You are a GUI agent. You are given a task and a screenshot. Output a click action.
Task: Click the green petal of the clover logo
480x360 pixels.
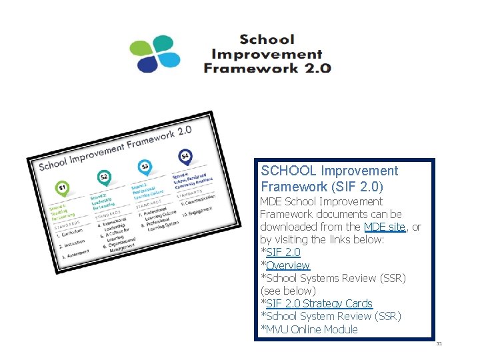coord(141,49)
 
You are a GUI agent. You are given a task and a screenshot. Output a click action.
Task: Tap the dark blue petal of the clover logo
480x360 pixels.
coord(147,64)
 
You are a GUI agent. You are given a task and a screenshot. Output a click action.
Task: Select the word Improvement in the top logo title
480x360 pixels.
coord(266,54)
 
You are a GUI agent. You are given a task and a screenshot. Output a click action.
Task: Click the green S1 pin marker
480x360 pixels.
coord(62,189)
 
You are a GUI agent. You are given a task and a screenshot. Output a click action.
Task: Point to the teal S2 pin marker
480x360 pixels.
coord(103,177)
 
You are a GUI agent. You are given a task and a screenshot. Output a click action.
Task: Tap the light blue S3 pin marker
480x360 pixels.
coord(144,166)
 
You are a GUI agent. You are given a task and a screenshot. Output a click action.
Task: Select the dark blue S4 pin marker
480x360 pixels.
coord(185,157)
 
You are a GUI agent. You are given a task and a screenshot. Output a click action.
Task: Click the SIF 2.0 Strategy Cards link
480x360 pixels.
coord(319,303)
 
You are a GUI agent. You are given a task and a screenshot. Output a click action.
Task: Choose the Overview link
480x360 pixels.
coord(288,265)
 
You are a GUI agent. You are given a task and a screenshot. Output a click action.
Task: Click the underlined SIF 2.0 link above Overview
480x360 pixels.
coord(283,252)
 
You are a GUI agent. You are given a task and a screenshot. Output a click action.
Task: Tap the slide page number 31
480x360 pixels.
coord(439,344)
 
